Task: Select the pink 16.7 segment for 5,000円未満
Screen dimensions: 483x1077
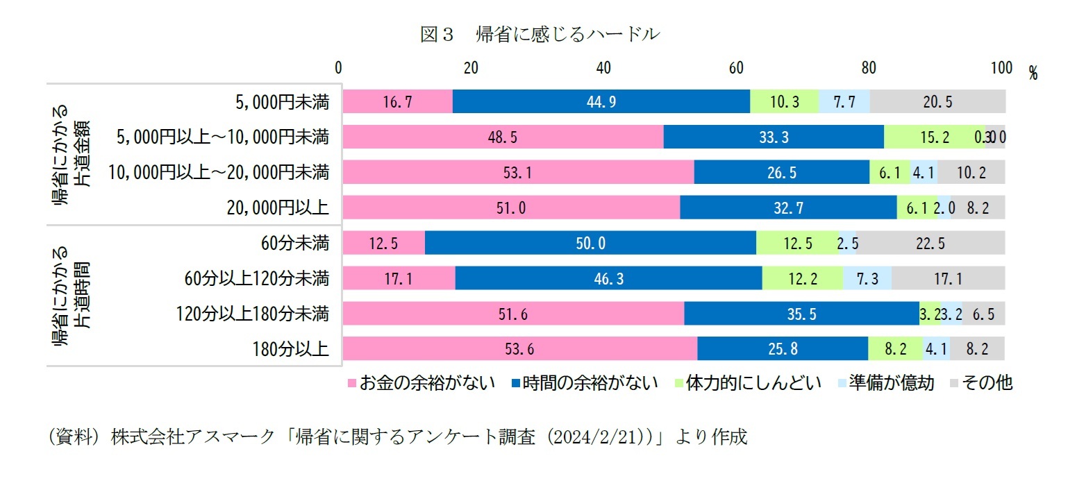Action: point(397,102)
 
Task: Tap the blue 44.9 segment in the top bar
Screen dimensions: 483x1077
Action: point(601,102)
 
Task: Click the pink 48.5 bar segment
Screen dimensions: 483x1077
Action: point(503,137)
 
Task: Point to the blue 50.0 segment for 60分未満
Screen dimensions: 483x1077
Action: point(590,244)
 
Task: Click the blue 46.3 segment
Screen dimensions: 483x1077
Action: point(608,279)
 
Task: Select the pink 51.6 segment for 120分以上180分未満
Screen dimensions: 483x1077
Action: point(513,314)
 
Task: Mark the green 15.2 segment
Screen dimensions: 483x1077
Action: point(934,137)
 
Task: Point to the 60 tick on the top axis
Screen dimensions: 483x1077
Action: point(736,68)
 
